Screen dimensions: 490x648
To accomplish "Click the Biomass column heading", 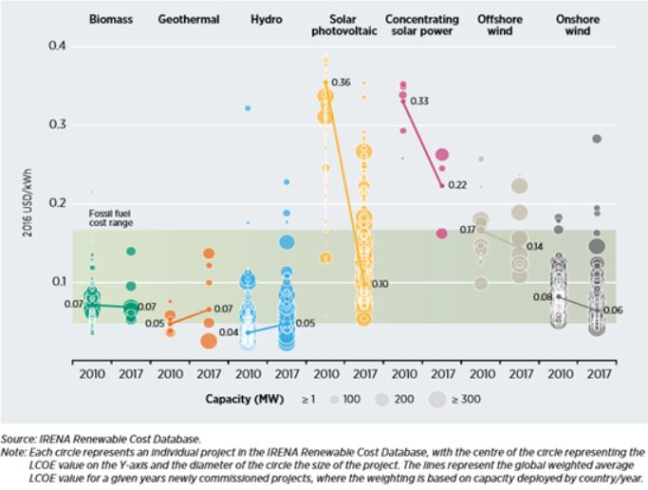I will (110, 19).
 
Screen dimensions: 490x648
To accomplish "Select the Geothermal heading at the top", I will (189, 19).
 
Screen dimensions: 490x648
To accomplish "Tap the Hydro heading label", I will (267, 19).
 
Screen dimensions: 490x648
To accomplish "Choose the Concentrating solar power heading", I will (422, 25).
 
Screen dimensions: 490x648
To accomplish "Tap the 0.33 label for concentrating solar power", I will (418, 101).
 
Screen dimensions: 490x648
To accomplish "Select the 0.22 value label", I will (457, 185).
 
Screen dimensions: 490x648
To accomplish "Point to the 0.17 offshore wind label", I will (468, 230).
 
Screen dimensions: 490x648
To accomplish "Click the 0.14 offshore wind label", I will (535, 246).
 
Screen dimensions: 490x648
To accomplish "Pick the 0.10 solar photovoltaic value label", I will (380, 284).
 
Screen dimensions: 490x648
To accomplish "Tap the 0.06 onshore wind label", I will (614, 311).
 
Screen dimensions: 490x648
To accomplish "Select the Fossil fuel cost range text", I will (111, 218).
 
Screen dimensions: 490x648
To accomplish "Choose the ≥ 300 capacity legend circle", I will (437, 400).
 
